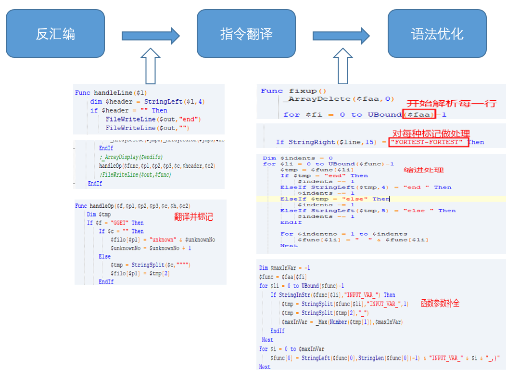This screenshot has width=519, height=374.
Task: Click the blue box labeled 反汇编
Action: point(55,34)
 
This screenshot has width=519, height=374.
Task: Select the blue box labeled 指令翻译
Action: point(246,34)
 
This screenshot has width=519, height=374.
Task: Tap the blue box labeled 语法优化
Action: point(437,34)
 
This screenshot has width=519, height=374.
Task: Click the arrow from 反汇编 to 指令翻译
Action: point(150,35)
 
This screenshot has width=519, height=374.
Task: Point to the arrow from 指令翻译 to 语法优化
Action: point(341,35)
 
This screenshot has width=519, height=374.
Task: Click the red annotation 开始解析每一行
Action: point(451,104)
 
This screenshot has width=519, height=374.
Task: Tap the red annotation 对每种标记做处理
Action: point(431,134)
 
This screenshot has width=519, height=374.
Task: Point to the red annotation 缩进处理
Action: point(423,170)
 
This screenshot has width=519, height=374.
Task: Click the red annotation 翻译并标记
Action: point(193,217)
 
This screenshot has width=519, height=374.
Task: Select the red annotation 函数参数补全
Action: point(440,303)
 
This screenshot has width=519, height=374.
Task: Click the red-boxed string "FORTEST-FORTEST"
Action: point(429,142)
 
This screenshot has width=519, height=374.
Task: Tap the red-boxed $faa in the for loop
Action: point(419,114)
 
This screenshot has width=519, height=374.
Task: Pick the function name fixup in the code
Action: point(303,91)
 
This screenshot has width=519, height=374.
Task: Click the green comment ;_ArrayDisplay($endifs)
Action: point(131,157)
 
